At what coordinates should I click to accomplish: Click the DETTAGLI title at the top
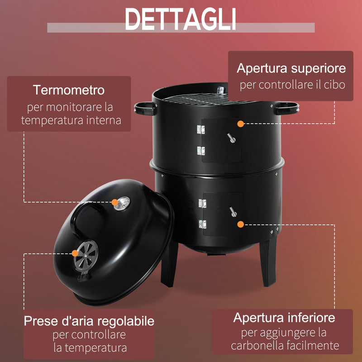(x=180, y=19)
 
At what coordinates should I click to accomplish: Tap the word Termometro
(x=69, y=90)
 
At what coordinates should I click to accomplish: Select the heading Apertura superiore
(x=291, y=68)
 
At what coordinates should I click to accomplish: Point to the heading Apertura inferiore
(x=284, y=318)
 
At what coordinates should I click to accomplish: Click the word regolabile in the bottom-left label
(x=126, y=321)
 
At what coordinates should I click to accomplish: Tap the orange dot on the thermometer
(x=115, y=202)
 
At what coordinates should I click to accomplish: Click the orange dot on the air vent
(x=75, y=253)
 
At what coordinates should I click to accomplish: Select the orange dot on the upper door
(x=241, y=124)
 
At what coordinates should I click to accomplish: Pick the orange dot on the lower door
(x=241, y=224)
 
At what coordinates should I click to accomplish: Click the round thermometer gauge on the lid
(x=122, y=203)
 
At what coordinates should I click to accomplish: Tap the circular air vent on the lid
(x=86, y=256)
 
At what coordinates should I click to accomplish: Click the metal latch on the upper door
(x=231, y=138)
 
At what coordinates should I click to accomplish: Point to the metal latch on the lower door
(x=233, y=211)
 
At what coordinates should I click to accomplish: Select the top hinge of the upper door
(x=201, y=129)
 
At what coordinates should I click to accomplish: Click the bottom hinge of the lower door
(x=202, y=224)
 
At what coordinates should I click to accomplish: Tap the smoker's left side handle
(x=145, y=109)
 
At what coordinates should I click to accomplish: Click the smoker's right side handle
(x=286, y=108)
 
